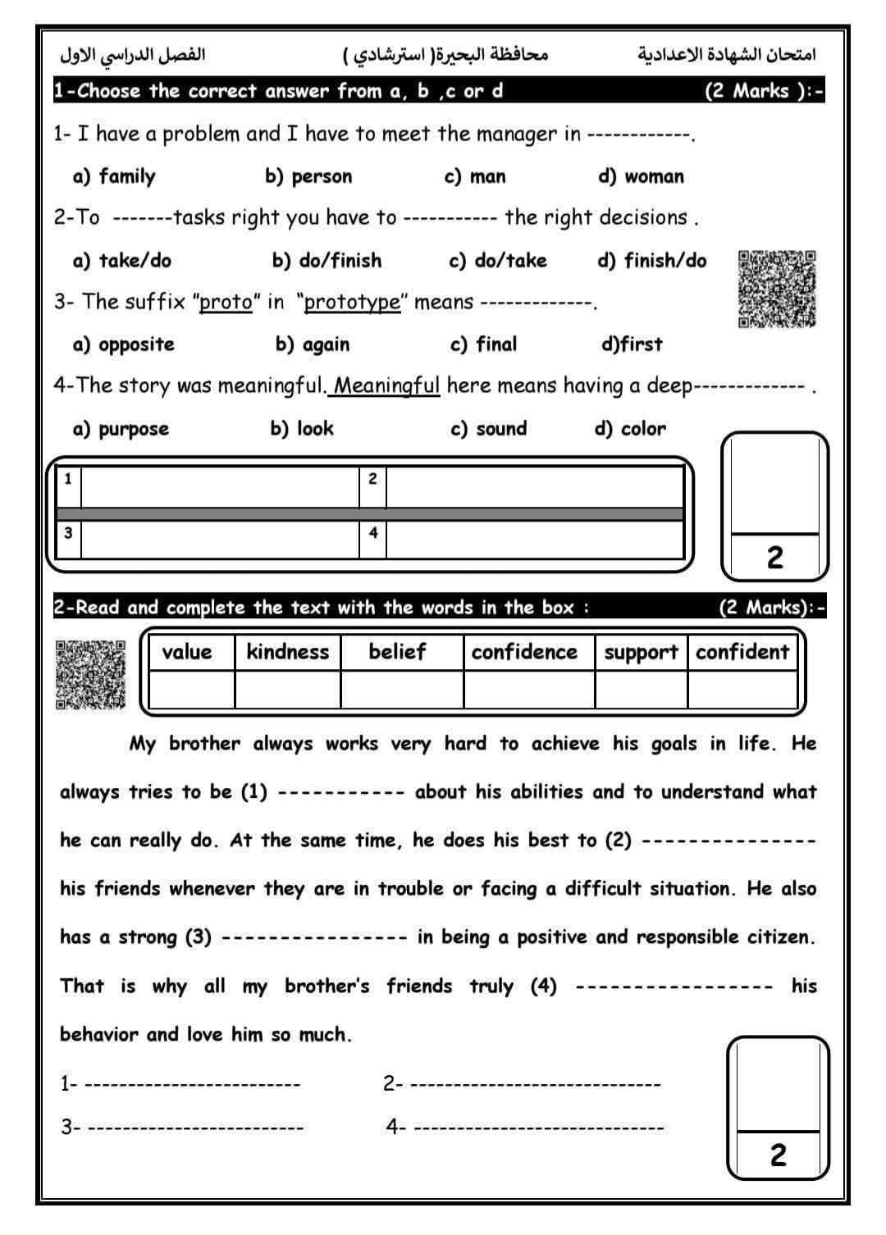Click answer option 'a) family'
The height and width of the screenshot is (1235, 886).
(114, 176)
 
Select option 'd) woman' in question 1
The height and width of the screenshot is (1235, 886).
(641, 176)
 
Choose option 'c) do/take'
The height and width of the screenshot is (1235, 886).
(497, 261)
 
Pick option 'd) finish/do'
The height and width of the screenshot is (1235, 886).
(651, 261)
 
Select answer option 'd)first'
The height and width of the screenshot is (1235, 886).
(632, 344)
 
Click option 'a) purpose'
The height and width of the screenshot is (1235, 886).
(121, 429)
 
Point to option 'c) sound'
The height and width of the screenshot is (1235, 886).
(489, 429)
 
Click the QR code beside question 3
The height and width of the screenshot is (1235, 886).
(777, 289)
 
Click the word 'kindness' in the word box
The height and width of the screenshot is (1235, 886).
(287, 652)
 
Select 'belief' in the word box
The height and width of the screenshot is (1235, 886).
(397, 652)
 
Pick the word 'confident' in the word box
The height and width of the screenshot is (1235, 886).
(742, 652)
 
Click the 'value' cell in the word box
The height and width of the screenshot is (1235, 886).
(187, 652)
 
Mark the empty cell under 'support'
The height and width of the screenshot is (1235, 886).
(641, 689)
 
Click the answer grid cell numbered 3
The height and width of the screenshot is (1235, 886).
(220, 540)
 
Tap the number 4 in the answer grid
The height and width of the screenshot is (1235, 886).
(373, 533)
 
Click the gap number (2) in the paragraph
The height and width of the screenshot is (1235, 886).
(618, 841)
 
